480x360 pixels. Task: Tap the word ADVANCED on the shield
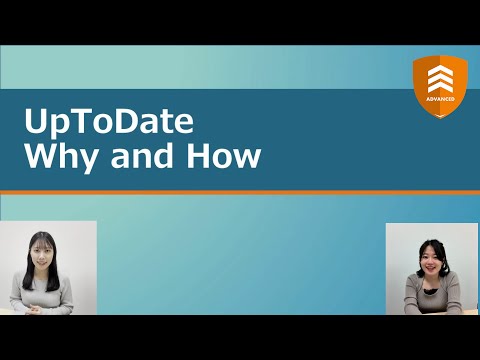[441, 100]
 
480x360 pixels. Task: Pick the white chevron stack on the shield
[441, 78]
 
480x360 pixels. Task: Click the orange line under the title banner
[240, 191]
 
